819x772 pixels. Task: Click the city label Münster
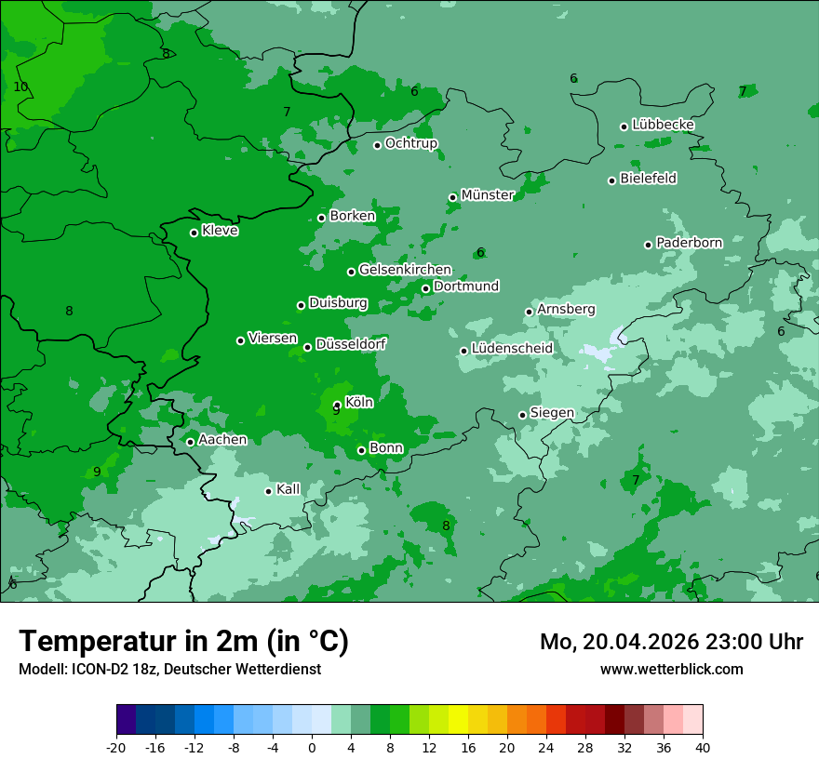tap(488, 195)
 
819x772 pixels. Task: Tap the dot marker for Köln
tap(337, 406)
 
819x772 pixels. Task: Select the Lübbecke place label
tap(663, 125)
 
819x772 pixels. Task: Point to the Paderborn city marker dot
tap(648, 245)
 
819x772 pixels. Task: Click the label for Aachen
tap(222, 440)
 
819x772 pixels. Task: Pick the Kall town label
tap(289, 489)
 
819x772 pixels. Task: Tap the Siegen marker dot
tap(522, 415)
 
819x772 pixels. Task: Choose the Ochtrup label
tap(411, 143)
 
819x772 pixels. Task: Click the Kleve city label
tap(220, 231)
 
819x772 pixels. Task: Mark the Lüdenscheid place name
tap(512, 349)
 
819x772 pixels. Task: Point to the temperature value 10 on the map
tap(20, 87)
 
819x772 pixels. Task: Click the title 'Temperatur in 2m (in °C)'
tap(184, 642)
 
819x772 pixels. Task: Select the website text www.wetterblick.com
tap(671, 670)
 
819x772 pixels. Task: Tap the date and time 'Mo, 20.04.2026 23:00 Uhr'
tap(671, 642)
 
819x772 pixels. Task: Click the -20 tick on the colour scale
tap(116, 747)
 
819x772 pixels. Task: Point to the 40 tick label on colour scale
tap(703, 747)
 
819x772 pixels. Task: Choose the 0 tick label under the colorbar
tap(312, 747)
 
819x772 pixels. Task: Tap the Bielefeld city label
tap(648, 179)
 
